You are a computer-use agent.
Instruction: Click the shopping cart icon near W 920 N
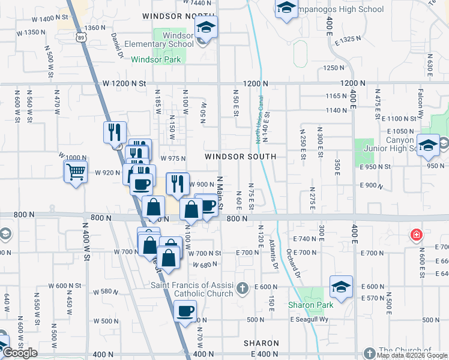click(x=76, y=172)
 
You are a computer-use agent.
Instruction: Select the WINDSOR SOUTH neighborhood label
click(x=240, y=157)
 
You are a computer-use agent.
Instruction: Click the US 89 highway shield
click(x=80, y=37)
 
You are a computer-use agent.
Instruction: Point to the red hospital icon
click(x=415, y=234)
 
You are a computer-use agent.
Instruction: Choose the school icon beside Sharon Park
click(x=341, y=287)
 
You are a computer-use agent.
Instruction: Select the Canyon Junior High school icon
click(x=429, y=145)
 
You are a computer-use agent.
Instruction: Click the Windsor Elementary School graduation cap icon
click(x=206, y=27)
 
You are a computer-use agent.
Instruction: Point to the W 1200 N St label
click(x=124, y=83)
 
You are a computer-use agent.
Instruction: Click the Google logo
click(x=20, y=353)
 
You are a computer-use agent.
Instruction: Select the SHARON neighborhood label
click(x=261, y=343)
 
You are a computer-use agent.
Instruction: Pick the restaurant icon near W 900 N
click(x=177, y=184)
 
